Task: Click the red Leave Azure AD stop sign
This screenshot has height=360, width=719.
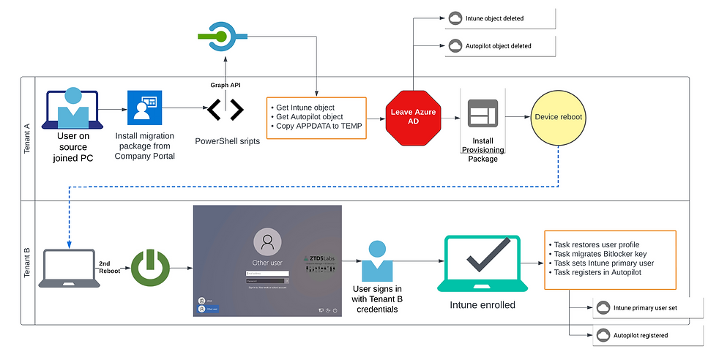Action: click(x=414, y=117)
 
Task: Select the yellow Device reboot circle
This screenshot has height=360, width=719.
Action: click(x=558, y=117)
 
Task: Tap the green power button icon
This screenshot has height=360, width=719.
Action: click(x=151, y=267)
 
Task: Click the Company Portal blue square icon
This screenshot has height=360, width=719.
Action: click(x=144, y=108)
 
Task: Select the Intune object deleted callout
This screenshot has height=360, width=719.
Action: click(x=494, y=18)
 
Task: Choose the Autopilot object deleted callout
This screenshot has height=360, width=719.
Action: click(x=498, y=45)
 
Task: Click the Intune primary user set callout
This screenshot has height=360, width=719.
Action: click(x=645, y=308)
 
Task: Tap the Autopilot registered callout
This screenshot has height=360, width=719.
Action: click(x=641, y=335)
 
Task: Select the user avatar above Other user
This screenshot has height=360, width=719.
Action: click(x=267, y=241)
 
